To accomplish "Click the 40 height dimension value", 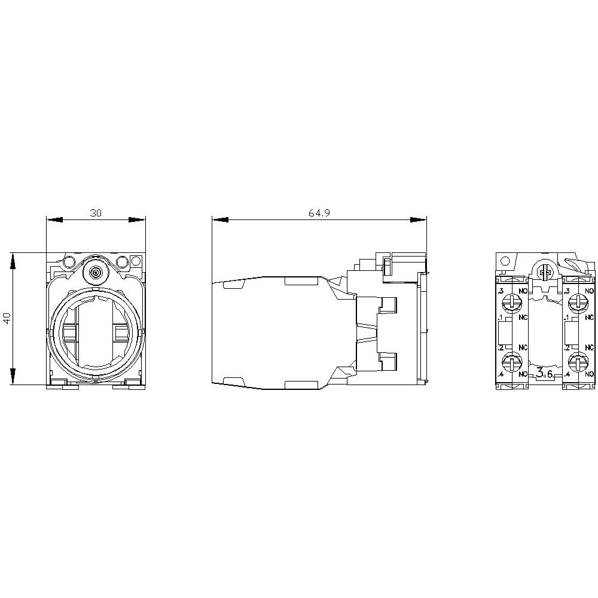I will (7, 318).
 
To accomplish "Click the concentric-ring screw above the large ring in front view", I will (95, 273).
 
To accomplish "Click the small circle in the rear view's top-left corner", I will (506, 261).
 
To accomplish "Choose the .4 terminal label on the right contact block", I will (566, 374).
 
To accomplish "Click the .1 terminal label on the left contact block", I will (500, 317).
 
